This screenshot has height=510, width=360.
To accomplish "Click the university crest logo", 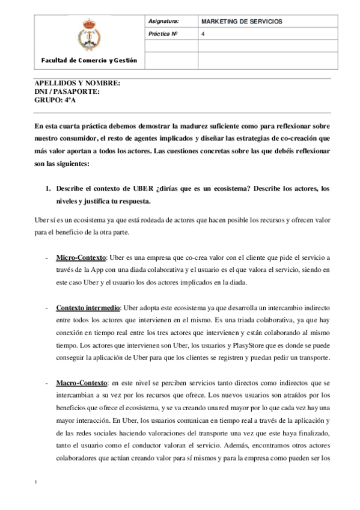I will [87, 34].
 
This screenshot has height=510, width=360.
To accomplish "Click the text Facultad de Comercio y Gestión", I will [89, 60].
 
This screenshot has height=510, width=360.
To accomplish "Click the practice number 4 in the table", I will [203, 34].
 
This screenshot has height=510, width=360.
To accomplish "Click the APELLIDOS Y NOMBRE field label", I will [78, 83].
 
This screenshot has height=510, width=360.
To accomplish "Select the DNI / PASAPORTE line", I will [67, 91].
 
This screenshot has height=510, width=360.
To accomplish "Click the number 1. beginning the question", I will [49, 189].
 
